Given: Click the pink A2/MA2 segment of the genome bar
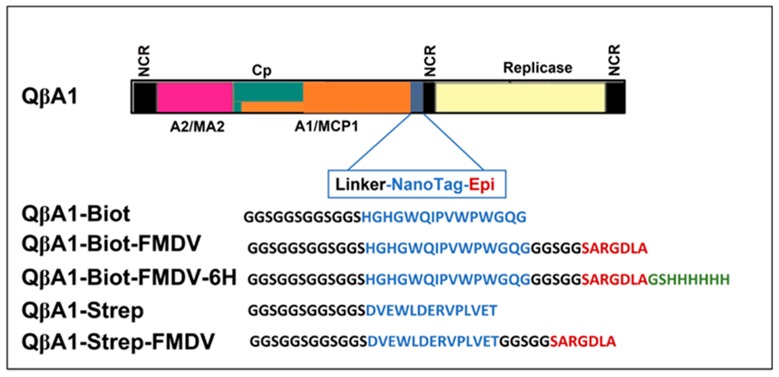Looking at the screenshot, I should tap(195, 97).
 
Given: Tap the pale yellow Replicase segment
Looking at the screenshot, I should tap(520, 97).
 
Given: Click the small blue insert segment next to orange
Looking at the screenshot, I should tap(417, 97).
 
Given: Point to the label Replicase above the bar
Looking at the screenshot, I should tap(537, 68).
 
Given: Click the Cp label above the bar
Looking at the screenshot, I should tap(261, 70).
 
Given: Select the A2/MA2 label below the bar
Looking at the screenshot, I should tap(197, 127).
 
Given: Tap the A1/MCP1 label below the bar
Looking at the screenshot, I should tap(326, 127).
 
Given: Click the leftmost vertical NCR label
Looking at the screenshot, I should tap(144, 60).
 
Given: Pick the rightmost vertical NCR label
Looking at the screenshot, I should tap(614, 60).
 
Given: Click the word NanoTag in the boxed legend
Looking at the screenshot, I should tap(428, 185).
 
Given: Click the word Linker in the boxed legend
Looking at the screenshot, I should tap(360, 185).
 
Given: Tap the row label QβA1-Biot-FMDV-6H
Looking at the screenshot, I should tap(129, 278).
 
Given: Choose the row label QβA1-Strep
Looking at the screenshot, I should tap(83, 311).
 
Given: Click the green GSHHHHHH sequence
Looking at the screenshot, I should tap(689, 279).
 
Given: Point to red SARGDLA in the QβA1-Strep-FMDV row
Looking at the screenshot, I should tap(583, 342).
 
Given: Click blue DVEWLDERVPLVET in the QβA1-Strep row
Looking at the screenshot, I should tap(431, 311).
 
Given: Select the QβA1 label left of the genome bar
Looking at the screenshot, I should tap(50, 96).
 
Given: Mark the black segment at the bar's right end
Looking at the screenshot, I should tap(615, 97).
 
